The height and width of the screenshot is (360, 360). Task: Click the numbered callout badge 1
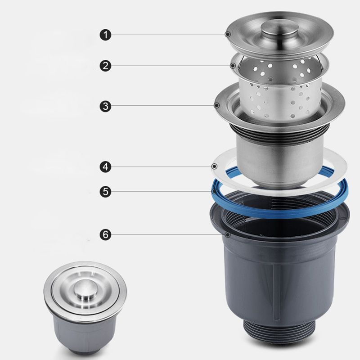pos(105,34)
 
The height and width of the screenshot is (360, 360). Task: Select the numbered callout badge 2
pos(105,66)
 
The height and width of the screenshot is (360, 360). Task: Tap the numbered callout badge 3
pos(105,106)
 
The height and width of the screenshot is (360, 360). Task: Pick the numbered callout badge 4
pos(105,167)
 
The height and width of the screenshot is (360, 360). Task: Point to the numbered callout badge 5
pos(105,191)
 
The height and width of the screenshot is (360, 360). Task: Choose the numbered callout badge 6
pos(105,234)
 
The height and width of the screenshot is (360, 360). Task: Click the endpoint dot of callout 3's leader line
pos(217,106)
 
